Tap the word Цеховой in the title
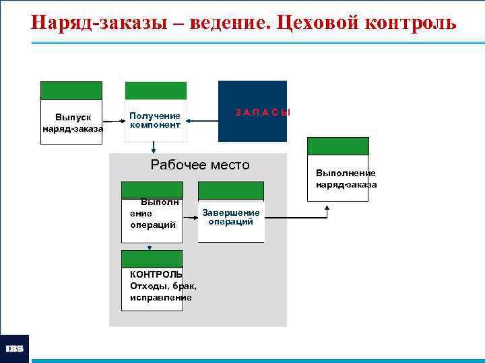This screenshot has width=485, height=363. (315, 24)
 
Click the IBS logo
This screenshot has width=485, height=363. (15, 349)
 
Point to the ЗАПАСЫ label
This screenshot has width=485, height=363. (263, 112)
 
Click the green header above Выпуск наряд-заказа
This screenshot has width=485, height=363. (71, 91)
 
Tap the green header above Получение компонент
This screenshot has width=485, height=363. (156, 91)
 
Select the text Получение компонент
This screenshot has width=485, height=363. (155, 120)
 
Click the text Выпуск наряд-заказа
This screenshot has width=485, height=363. (73, 123)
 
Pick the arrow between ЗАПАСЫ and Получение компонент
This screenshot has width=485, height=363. (202, 121)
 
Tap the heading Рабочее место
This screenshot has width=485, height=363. (200, 165)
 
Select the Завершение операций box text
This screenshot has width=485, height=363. (230, 217)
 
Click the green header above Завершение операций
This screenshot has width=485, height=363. (231, 191)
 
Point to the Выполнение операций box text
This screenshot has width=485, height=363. (152, 214)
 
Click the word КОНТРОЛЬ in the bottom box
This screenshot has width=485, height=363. (156, 274)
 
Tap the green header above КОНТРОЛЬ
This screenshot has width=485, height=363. (152, 259)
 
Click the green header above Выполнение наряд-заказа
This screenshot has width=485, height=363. (338, 146)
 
